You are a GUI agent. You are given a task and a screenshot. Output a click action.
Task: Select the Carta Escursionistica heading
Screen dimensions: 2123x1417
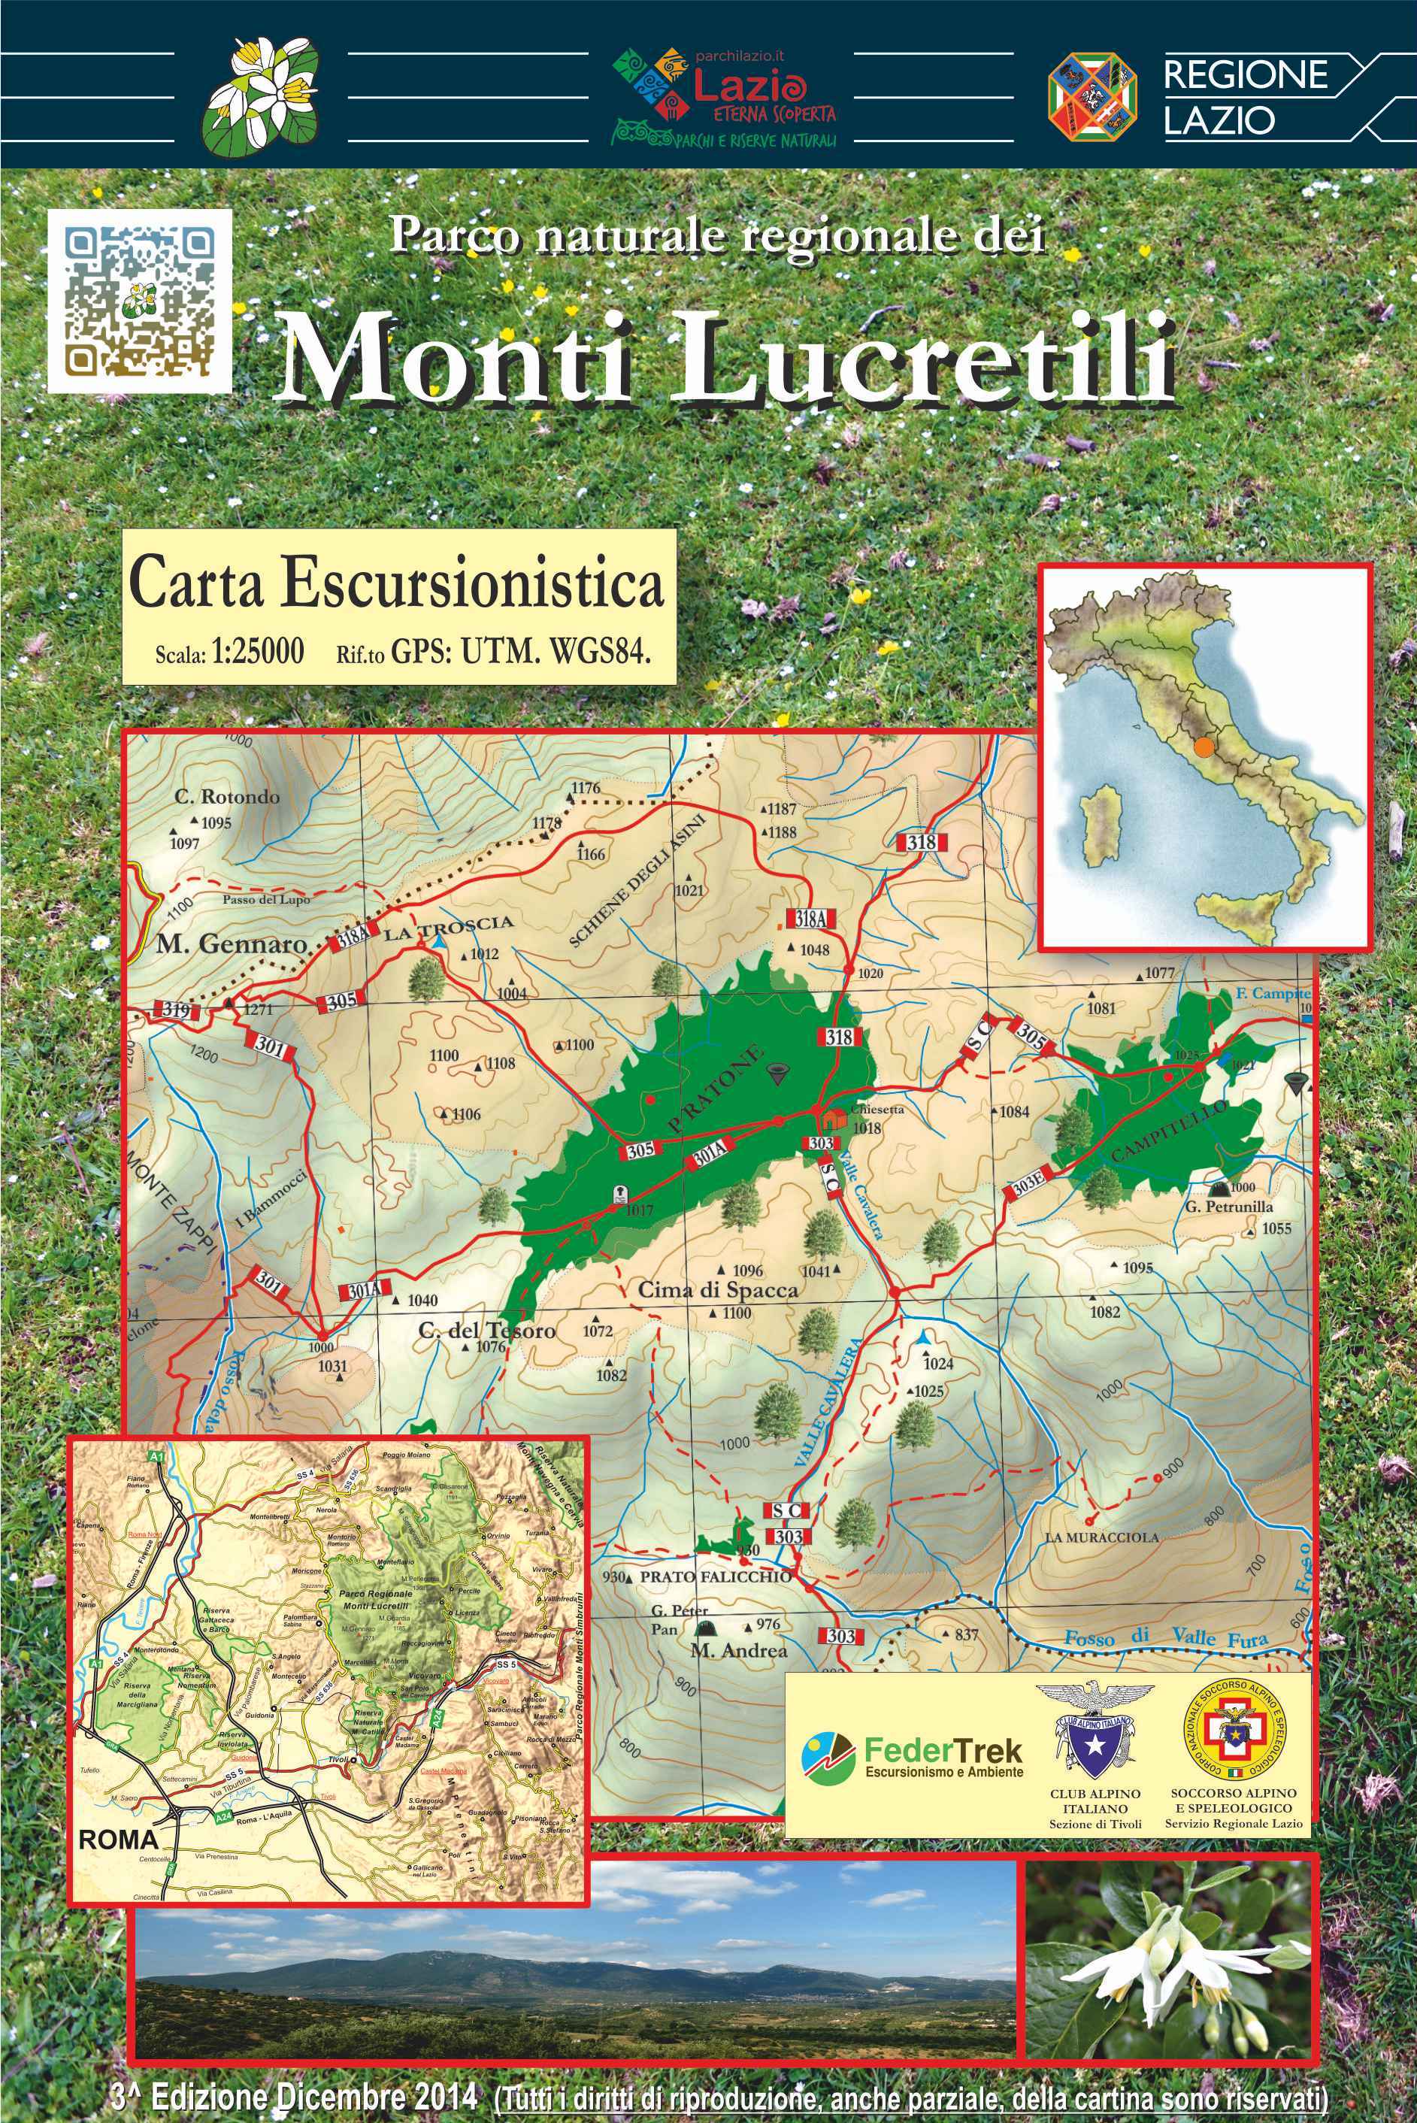(398, 585)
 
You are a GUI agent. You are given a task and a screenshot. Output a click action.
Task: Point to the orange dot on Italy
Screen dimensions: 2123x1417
(1202, 747)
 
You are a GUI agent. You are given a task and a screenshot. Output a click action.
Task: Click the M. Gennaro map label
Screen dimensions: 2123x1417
(232, 944)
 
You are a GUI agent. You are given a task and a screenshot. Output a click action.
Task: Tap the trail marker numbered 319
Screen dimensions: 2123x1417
(175, 1010)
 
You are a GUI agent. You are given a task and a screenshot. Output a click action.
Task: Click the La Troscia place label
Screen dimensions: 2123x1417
(448, 926)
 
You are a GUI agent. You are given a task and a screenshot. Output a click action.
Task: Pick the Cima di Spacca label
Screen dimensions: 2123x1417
(719, 1290)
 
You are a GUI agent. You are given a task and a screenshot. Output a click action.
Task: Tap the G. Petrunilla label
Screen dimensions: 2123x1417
(1228, 1207)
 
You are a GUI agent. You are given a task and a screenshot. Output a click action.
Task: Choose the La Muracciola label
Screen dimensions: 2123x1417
(1101, 1537)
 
